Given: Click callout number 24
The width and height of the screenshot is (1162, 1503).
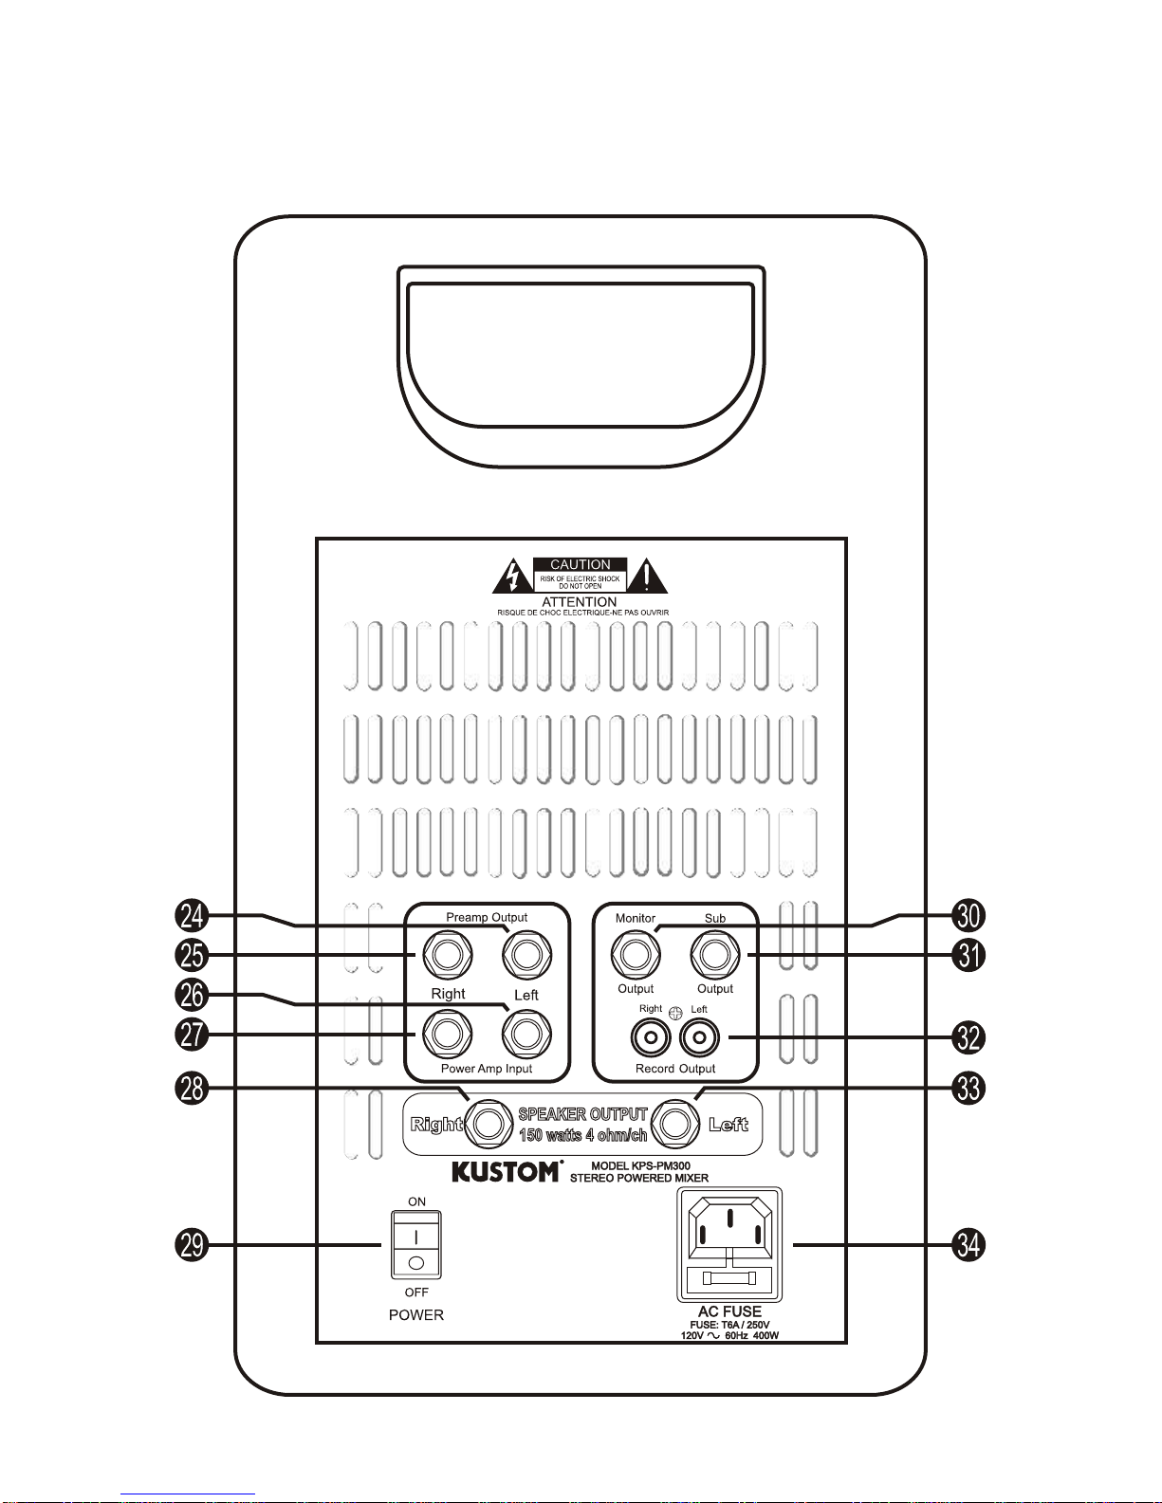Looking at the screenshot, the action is tap(192, 915).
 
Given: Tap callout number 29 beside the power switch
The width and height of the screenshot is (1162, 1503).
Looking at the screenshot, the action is tap(192, 1245).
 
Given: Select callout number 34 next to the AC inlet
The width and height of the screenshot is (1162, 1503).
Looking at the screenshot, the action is tap(968, 1245).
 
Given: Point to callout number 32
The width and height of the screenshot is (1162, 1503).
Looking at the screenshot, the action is tap(968, 1037).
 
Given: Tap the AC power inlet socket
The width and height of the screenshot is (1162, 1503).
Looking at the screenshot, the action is tap(729, 1245).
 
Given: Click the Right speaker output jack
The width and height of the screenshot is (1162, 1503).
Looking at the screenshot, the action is tap(489, 1124).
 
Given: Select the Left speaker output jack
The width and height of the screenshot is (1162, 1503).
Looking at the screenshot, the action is tap(676, 1124).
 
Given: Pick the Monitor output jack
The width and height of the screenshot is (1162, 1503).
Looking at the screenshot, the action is tap(636, 955).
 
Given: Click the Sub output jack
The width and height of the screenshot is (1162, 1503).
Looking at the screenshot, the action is tap(715, 955).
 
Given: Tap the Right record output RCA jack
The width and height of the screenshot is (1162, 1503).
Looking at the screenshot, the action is tap(651, 1037).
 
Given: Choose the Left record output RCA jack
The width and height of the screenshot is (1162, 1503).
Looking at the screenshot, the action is tap(700, 1037).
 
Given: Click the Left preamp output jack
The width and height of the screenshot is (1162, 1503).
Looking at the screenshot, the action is tap(527, 955).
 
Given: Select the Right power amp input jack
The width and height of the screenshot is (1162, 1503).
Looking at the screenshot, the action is tap(448, 1035).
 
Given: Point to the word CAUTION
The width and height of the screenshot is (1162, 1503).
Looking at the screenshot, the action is tap(581, 565).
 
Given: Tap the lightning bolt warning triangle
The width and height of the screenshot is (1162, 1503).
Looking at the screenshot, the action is tap(513, 577).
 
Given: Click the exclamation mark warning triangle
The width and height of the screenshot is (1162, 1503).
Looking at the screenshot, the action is tap(647, 577).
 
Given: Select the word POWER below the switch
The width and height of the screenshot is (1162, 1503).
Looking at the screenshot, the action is tap(416, 1315).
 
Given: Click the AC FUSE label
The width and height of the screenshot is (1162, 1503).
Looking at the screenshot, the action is tap(729, 1311).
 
